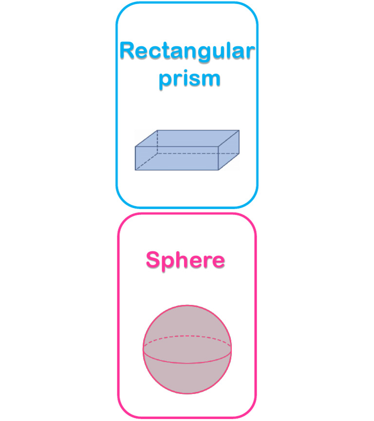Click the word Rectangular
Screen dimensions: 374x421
coord(187,52)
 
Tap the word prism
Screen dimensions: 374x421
coord(190,79)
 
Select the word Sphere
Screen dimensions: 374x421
coord(185,260)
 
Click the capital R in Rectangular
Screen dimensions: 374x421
coord(127,50)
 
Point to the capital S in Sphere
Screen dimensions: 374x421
coord(153,260)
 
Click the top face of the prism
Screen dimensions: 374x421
coord(187,138)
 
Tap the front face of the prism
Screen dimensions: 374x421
coord(177,158)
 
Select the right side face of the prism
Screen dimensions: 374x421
coord(229,150)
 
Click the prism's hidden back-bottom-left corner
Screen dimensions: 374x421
coord(157,154)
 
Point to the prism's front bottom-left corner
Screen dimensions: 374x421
coord(135,170)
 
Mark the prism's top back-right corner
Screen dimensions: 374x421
coord(239,130)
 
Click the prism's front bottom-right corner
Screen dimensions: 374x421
coord(218,170)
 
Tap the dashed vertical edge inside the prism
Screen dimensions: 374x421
coord(157,142)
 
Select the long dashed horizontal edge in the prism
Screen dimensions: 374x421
coord(198,154)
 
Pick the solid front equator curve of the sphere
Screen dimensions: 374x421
coord(187,363)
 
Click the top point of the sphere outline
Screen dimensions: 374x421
coord(187,305)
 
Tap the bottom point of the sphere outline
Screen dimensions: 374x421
coord(187,393)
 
